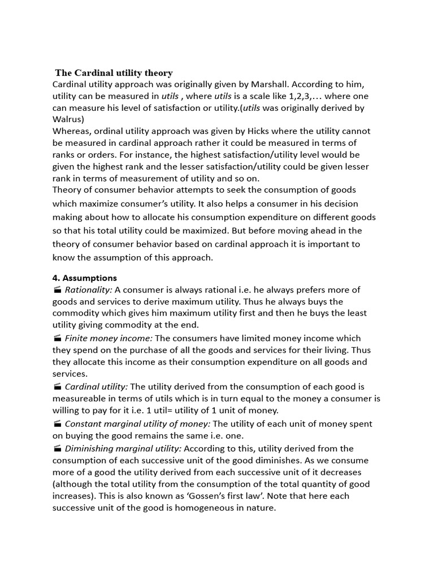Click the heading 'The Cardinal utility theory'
click(114, 73)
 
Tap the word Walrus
click(68, 119)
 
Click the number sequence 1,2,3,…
click(304, 96)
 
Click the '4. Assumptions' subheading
click(85, 278)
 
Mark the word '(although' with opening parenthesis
click(72, 484)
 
